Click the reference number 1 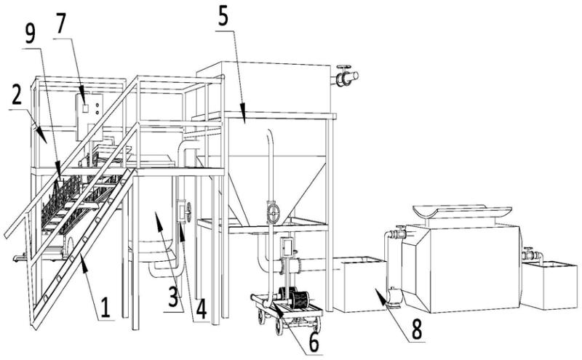105,308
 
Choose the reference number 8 415,329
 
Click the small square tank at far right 549,285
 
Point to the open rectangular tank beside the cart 359,284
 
